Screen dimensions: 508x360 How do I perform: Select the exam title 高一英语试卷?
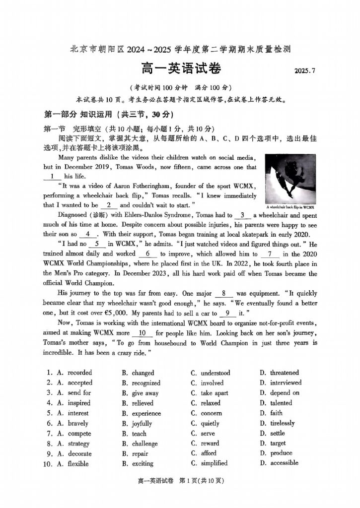180,68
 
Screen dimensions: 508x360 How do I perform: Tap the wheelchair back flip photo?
290,179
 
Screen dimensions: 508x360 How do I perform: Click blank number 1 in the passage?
52,176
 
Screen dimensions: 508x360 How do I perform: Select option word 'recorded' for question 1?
79,373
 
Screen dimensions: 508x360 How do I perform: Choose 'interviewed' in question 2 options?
286,382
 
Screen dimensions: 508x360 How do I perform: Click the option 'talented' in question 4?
281,403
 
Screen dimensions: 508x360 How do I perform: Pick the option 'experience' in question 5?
146,413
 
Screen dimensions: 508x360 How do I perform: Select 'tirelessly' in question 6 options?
283,423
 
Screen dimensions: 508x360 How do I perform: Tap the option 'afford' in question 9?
209,453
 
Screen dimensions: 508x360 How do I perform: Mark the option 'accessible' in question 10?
285,463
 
